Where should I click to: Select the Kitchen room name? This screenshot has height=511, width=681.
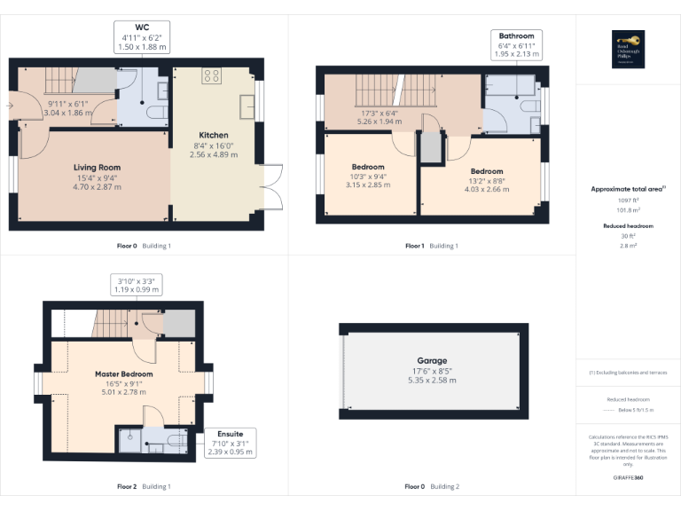tap(213, 135)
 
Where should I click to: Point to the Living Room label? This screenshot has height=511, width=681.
tap(97, 167)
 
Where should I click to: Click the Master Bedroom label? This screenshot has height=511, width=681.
tap(124, 374)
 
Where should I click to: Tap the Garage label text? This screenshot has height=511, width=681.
tap(433, 361)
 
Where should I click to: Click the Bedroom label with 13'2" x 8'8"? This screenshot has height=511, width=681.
tap(487, 171)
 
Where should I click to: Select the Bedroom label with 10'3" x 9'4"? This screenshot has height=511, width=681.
tap(368, 167)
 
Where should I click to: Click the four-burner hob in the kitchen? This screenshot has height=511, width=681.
tap(212, 76)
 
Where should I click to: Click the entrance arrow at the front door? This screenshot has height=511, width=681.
tap(10, 105)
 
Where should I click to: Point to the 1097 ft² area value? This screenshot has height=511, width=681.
tap(628, 201)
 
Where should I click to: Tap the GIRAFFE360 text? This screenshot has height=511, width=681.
tap(628, 476)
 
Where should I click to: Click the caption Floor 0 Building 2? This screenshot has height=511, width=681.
tap(433, 486)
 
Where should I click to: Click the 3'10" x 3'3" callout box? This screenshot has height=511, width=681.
tap(136, 285)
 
